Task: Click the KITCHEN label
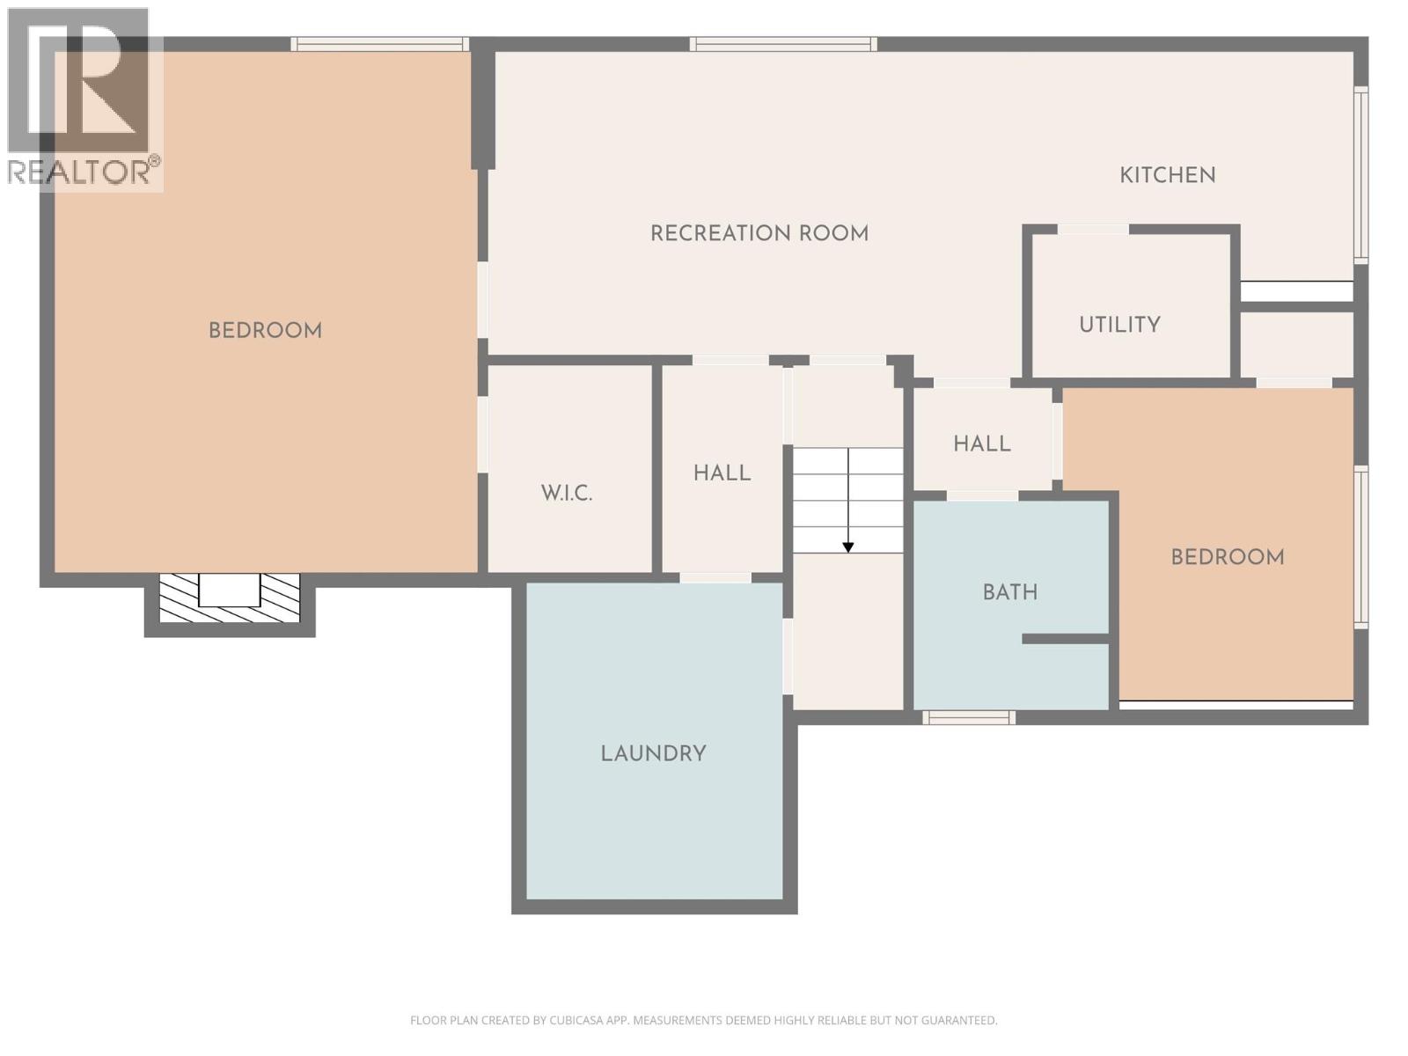pos(1167,175)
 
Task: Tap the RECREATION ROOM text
pos(759,233)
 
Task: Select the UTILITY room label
pos(1119,325)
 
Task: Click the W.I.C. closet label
pos(567,493)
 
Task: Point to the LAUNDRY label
pos(653,753)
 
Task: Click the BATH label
pos(1009,592)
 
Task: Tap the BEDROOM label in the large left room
pos(265,331)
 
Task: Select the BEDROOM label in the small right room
pos(1227,557)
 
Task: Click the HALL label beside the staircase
pos(722,473)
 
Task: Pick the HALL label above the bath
pos(981,444)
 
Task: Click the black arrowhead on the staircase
pos(847,547)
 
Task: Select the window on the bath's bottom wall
pos(968,718)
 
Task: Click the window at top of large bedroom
pos(379,44)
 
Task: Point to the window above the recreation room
pos(782,44)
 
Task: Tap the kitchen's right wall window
pos(1360,175)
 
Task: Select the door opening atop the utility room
pos(1092,230)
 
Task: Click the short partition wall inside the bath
pos(1065,639)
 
